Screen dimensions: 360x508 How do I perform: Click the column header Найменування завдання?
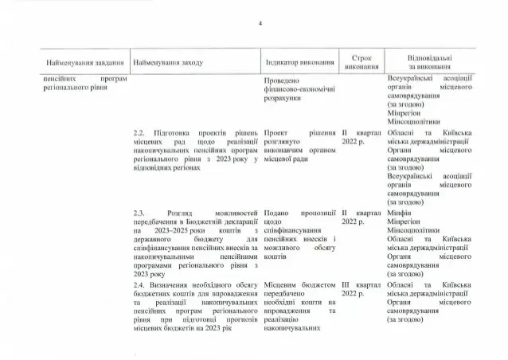click(83, 63)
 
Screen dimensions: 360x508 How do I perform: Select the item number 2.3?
click(141, 214)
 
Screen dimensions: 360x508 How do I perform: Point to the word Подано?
click(278, 214)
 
